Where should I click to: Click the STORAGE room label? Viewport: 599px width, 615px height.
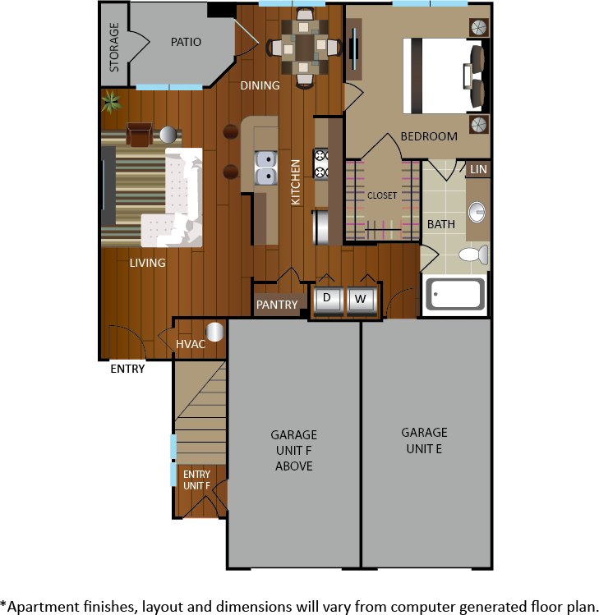point(114,48)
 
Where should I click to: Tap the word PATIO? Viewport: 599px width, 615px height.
point(186,42)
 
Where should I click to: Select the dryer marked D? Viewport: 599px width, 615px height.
point(327,301)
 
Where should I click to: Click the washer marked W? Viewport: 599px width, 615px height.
point(361,301)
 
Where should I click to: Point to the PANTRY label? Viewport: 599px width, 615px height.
point(277,305)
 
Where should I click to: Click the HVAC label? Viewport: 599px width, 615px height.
point(191,344)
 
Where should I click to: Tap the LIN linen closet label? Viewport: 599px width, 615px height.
point(478,169)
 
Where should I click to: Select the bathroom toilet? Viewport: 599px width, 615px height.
point(474,255)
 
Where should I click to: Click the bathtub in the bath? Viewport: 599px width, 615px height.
point(455,294)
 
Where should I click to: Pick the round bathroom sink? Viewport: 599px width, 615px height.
point(477,212)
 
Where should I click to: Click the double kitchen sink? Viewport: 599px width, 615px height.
point(265,168)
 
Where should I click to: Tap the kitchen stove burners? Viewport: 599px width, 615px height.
point(321,164)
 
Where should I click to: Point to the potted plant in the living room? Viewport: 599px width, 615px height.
point(112,102)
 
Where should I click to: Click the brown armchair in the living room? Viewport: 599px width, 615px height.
point(140,134)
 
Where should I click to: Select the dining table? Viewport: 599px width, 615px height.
point(304,48)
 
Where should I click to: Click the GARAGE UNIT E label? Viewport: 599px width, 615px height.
point(424,441)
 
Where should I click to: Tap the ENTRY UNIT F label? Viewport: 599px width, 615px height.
point(196,480)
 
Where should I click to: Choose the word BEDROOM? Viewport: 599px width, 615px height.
point(429,136)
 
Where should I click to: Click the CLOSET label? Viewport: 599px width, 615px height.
point(382,195)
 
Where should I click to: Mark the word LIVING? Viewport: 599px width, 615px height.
point(148,263)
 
